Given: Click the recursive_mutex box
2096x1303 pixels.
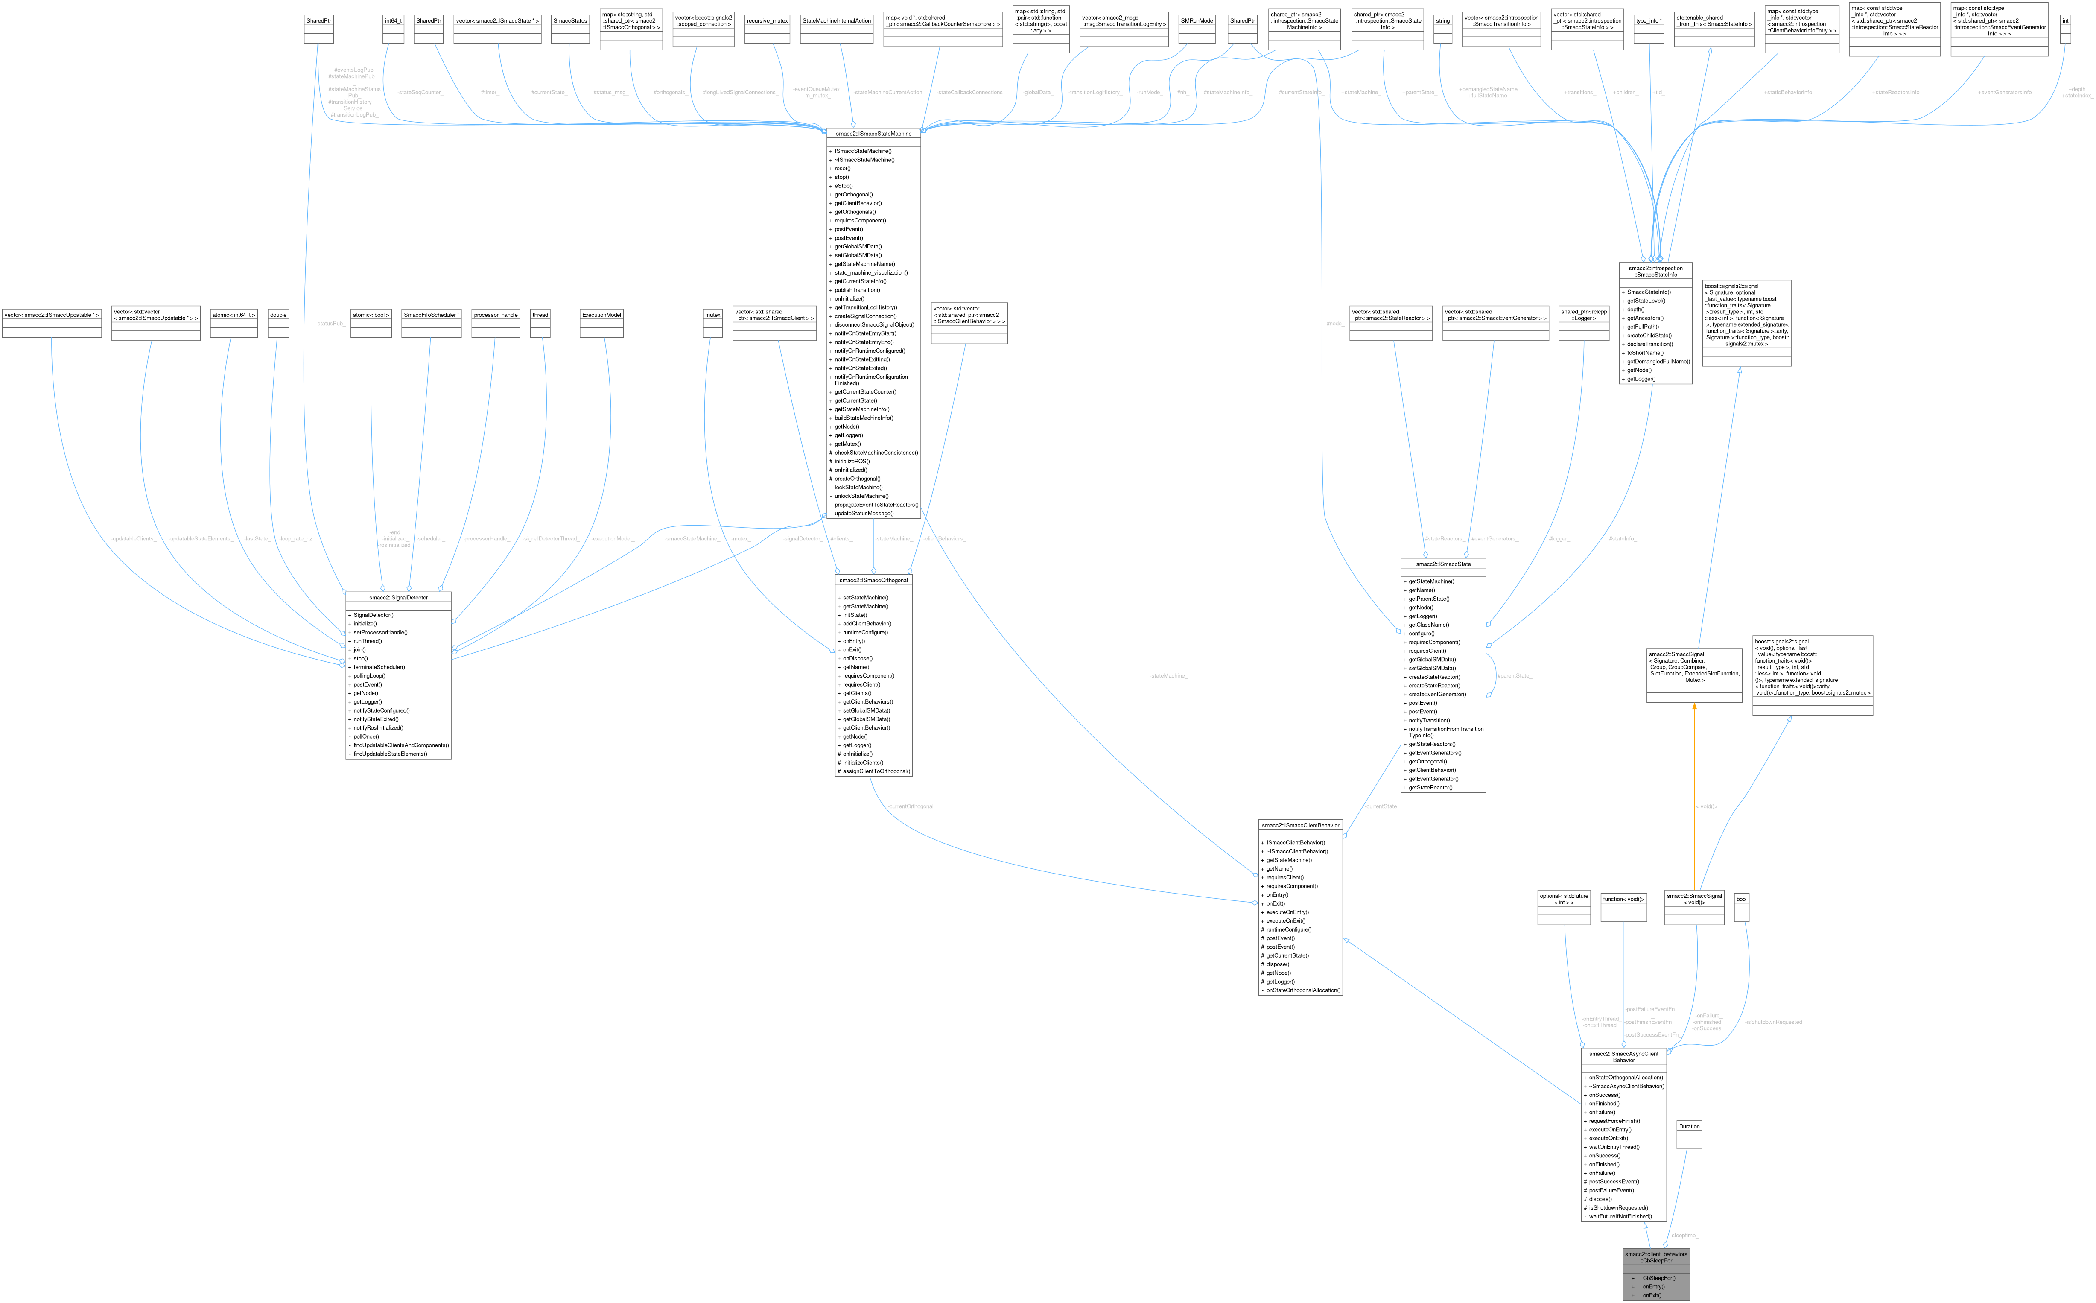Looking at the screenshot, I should [767, 20].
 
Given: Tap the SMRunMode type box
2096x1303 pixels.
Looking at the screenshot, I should [1197, 20].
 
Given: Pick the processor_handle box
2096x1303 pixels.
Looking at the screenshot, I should [495, 315].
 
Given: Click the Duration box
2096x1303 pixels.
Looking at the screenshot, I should [1688, 1126].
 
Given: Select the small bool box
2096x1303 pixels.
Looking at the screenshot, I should [1741, 899].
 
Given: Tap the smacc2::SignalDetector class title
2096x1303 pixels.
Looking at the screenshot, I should [398, 597].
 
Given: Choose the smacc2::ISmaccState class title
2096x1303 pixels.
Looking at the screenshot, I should [1443, 564].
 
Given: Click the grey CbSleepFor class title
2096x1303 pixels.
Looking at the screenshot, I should [1656, 1257].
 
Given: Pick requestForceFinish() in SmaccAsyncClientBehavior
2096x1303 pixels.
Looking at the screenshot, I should [1614, 1120].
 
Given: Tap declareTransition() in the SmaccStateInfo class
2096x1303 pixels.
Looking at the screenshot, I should [1649, 344].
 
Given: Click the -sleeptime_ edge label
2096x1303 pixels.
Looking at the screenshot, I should [1683, 1235].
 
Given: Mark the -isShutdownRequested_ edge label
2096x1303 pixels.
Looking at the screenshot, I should [1775, 1022].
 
